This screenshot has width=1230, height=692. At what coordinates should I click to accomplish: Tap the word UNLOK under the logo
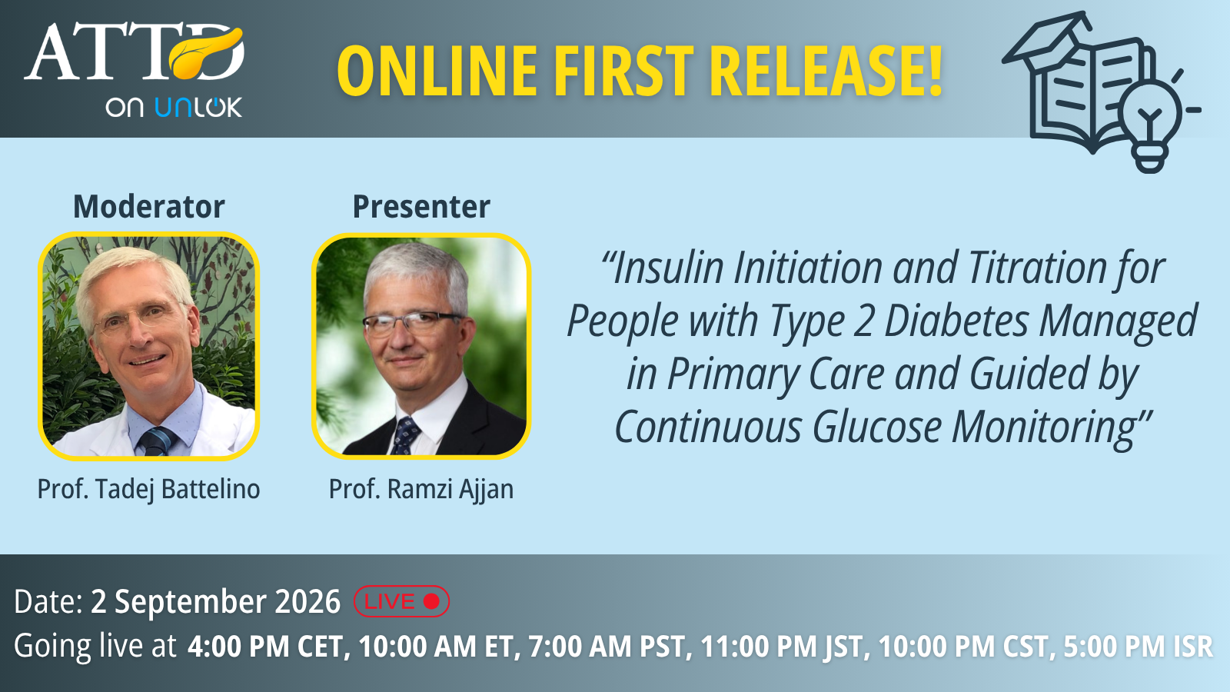199,107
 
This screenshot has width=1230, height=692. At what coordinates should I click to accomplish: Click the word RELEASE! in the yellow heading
826,72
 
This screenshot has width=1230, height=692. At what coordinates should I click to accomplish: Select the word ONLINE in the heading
437,72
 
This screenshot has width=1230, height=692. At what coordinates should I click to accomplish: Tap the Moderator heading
149,207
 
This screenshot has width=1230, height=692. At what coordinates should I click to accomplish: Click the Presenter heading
421,207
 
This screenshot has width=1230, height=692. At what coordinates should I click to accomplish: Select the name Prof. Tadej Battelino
149,489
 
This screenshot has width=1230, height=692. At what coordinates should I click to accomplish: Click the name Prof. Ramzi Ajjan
421,489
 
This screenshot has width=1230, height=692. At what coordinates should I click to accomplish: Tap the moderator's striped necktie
158,441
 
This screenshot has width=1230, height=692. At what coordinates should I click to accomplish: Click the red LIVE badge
401,601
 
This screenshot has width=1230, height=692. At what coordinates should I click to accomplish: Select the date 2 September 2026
215,601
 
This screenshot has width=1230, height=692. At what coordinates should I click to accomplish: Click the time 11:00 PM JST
781,646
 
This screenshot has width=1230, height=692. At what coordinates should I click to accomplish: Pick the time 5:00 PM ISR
1138,646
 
